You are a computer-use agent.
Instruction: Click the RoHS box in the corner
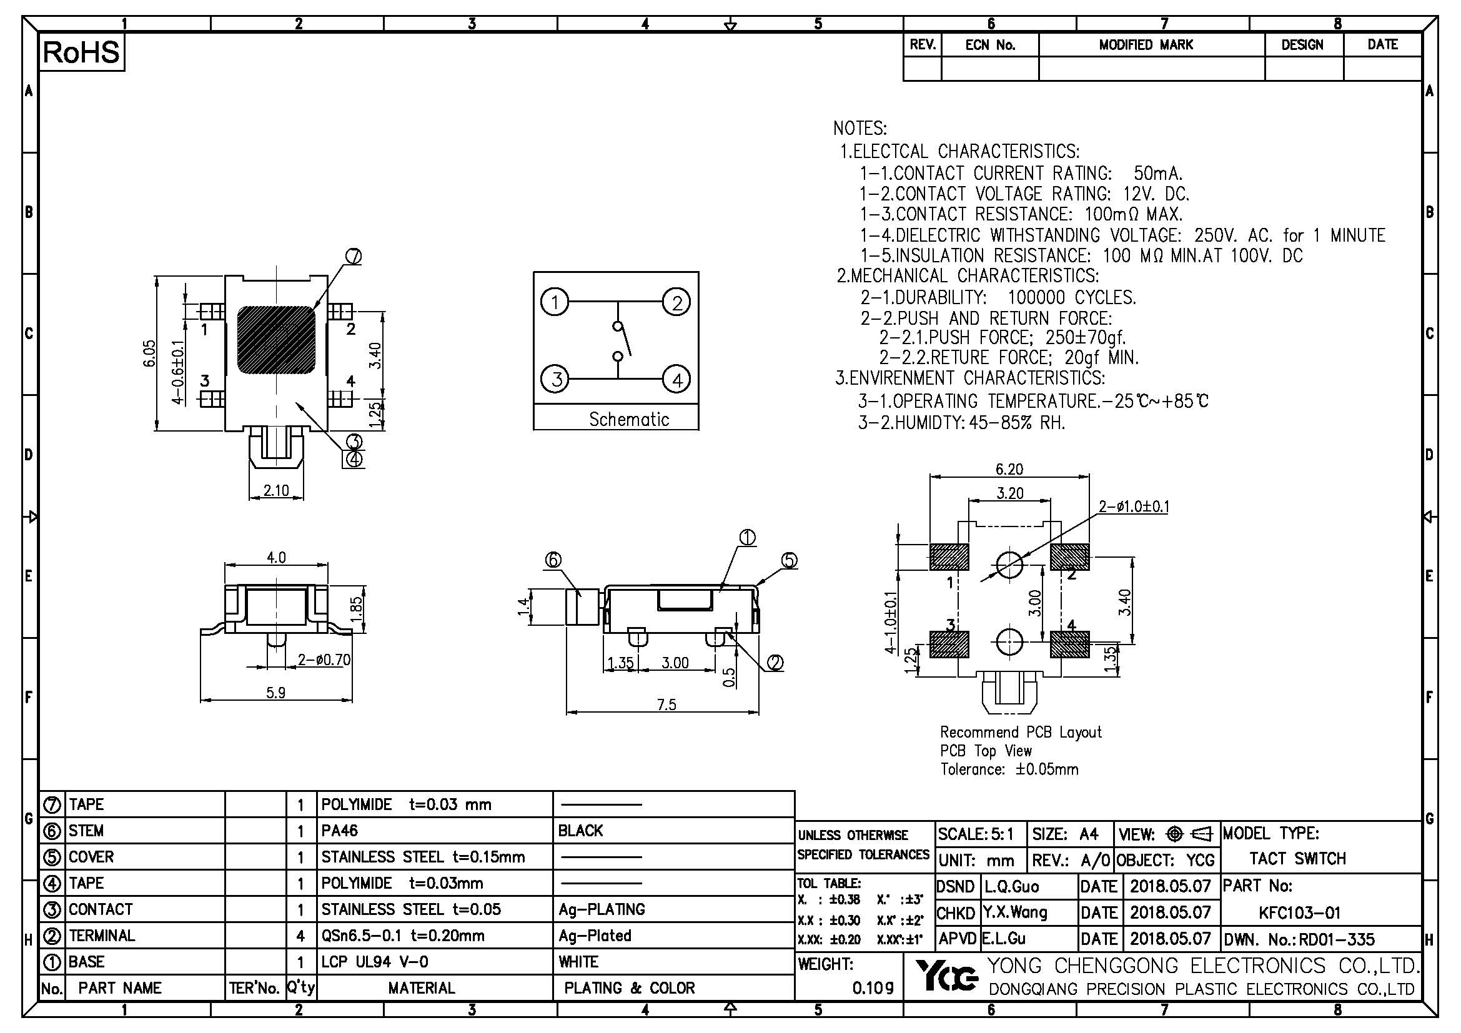81,52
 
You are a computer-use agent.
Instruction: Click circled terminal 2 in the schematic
676,302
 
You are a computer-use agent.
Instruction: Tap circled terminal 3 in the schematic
555,379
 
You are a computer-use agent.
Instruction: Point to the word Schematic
629,420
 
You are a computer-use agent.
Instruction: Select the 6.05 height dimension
149,353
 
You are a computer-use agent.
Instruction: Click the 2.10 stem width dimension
276,491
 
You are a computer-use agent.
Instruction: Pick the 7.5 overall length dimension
666,704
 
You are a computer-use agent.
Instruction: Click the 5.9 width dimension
275,693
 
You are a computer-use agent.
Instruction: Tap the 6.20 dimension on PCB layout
1009,470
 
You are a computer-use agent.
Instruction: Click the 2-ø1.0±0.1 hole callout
1134,507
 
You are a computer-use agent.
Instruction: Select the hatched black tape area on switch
276,340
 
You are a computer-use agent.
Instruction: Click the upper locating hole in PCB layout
1009,563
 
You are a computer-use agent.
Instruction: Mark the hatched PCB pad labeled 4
1069,645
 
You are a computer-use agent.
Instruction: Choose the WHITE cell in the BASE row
578,962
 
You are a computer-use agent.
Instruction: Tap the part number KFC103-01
1299,914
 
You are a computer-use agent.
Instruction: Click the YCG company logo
947,977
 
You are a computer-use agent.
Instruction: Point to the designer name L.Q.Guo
1011,887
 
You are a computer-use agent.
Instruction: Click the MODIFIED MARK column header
1146,45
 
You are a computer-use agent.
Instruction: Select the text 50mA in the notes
1157,174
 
